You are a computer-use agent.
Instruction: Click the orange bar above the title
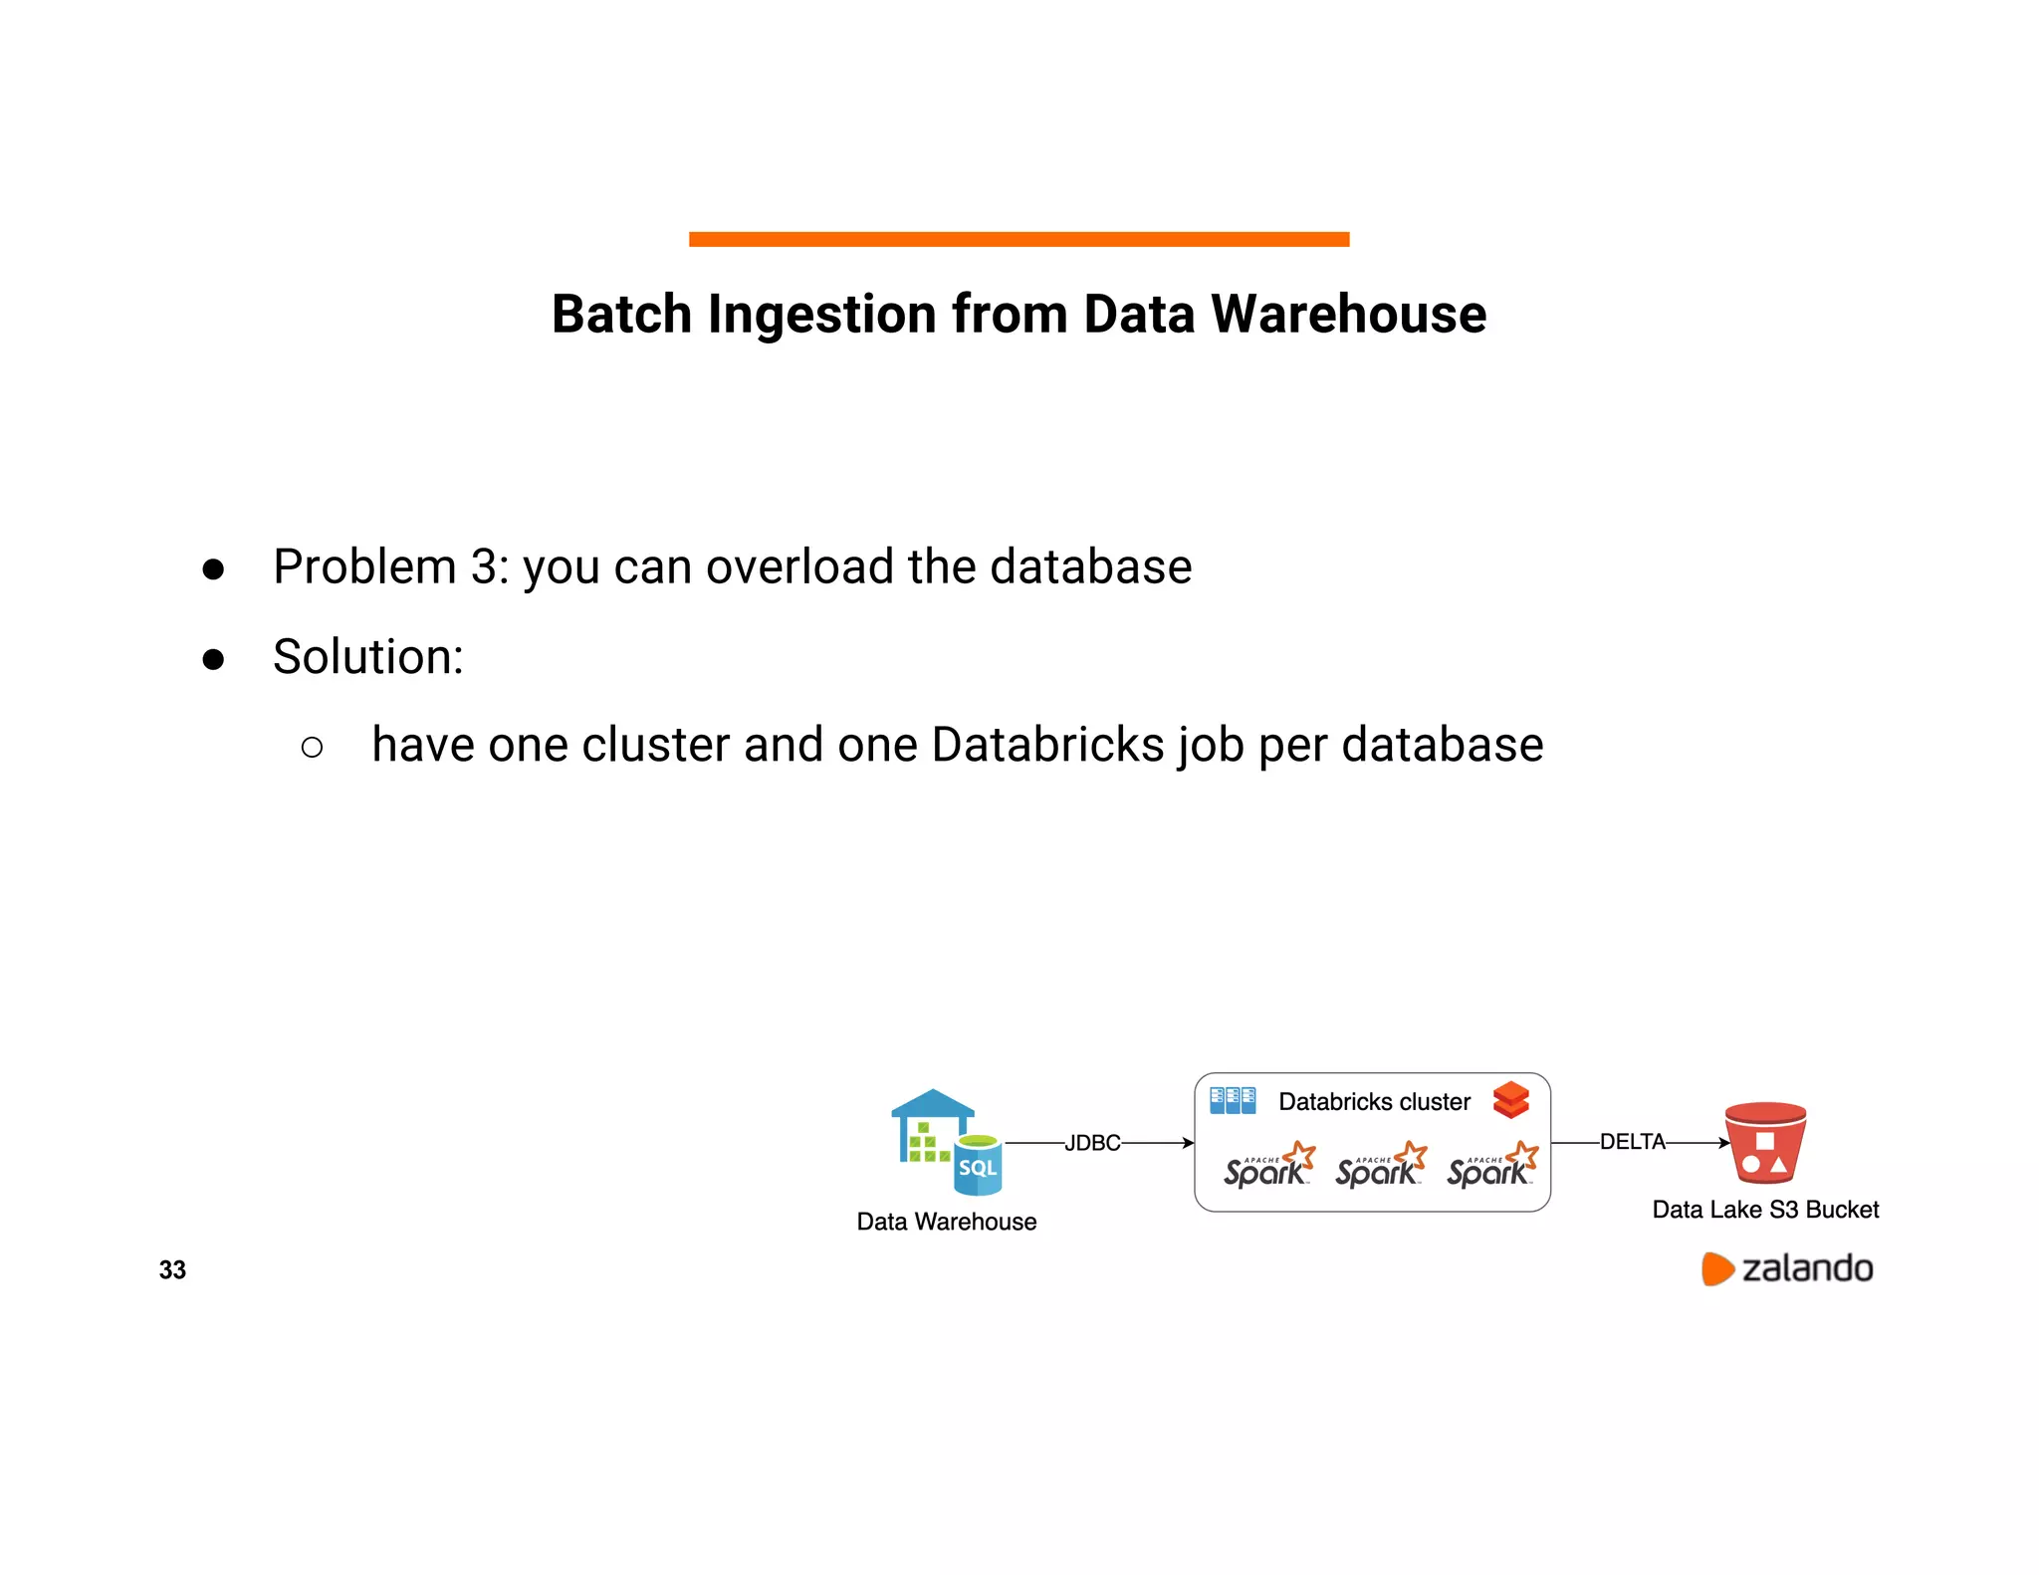1019,239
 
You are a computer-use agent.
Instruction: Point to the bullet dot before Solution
213,659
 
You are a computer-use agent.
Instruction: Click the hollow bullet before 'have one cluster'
312,747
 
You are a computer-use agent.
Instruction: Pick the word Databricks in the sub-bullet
1047,745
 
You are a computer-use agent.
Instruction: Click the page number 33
172,1269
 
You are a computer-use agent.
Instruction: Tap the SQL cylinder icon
978,1165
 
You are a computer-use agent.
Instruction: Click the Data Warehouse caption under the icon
946,1222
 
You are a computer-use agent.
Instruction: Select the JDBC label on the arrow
1092,1143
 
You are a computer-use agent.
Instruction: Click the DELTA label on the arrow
1632,1142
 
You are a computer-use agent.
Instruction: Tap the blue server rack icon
1233,1100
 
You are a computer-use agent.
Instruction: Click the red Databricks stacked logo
1510,1100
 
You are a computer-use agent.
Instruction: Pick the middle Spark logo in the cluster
1380,1166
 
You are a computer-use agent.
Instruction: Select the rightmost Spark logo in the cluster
1491,1166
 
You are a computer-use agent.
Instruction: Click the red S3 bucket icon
1765,1143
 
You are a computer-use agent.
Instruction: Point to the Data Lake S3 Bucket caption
1765,1210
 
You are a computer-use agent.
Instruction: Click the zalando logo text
1806,1269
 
